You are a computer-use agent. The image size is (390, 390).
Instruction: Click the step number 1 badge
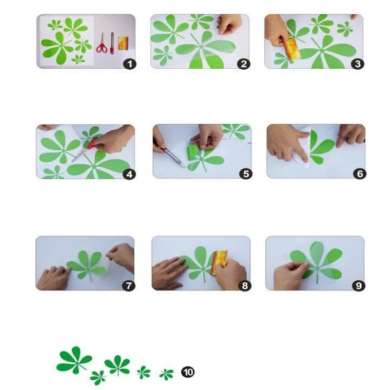coord(130,64)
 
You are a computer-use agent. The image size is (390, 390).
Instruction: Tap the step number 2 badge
coord(244,64)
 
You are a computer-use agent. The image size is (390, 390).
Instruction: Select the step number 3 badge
coord(358,64)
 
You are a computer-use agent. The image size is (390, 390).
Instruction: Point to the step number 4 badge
coord(129,174)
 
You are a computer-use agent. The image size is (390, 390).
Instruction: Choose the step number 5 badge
coord(246,174)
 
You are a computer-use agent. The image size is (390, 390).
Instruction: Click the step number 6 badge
coord(360,174)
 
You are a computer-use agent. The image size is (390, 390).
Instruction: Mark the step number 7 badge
coord(129,286)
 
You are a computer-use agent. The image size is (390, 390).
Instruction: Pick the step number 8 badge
coord(245,286)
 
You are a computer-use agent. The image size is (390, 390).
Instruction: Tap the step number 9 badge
coord(359,286)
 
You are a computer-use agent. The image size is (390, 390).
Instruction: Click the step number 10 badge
coord(188,372)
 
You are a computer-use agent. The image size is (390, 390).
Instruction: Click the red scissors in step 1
coord(102,43)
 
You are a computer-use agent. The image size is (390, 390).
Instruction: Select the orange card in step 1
coord(123,43)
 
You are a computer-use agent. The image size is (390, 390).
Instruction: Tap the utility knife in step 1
coord(112,43)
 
